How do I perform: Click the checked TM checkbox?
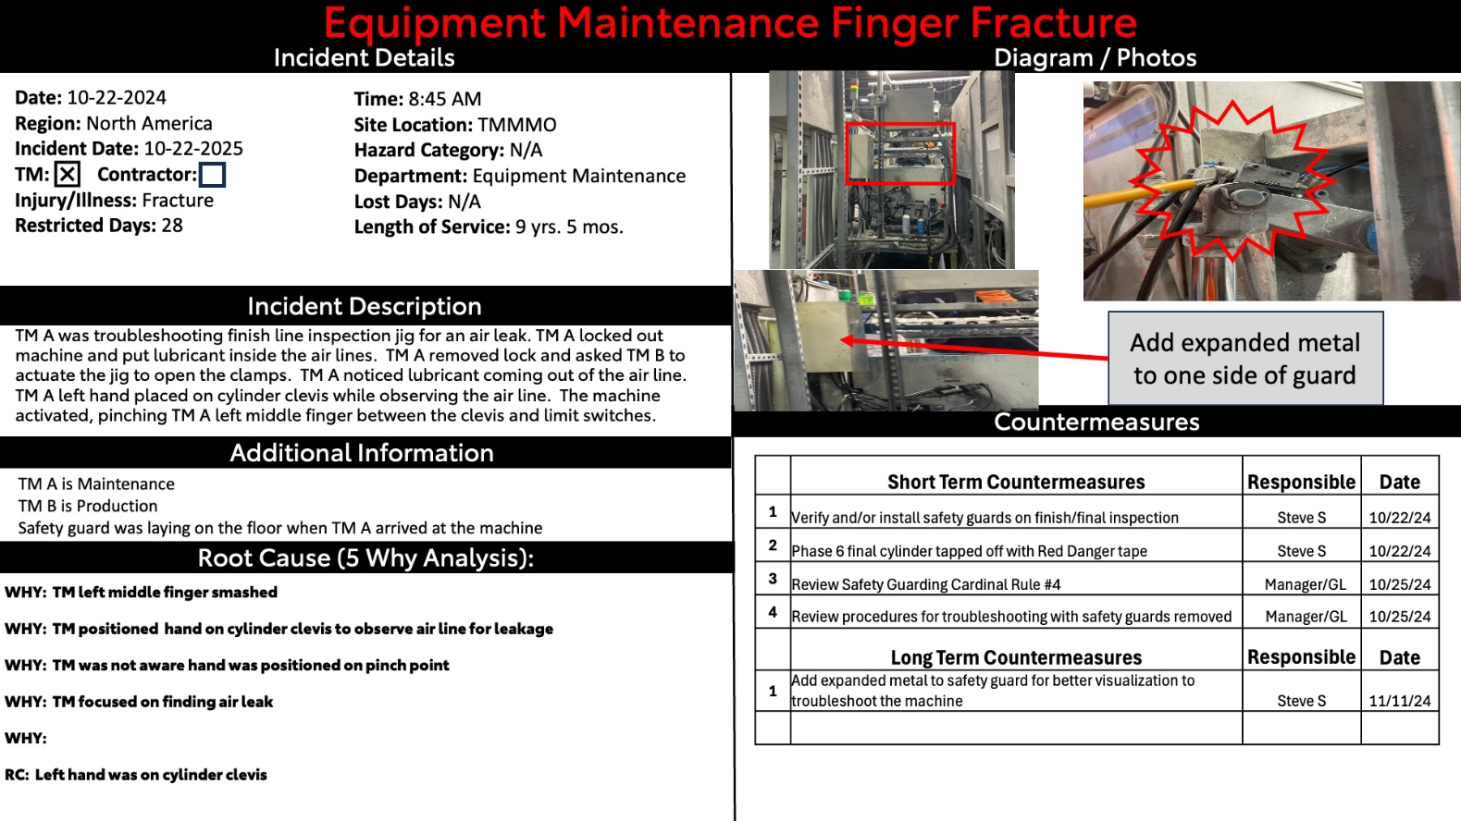pos(68,174)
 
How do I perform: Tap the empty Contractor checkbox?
pos(212,174)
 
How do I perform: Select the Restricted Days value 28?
pos(172,226)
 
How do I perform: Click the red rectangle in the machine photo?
pos(900,153)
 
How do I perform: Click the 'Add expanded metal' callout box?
pos(1245,359)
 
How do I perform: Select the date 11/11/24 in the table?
pos(1399,701)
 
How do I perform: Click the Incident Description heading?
pos(365,306)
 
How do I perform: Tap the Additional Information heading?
pos(362,453)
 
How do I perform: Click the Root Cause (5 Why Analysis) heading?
pos(365,558)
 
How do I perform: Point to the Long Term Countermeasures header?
pos(1016,657)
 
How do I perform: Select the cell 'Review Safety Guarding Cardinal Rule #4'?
pos(926,584)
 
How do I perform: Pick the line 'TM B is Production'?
pos(88,506)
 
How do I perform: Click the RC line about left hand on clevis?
pos(136,775)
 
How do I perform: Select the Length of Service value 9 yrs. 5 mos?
pos(569,227)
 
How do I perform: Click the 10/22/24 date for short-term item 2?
pos(1399,551)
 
